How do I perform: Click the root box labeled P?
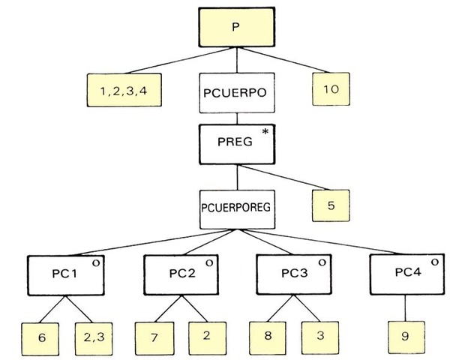coord(235,27)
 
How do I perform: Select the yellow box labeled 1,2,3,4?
coord(123,91)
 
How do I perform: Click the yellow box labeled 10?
coord(331,90)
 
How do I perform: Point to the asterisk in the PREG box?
coord(265,133)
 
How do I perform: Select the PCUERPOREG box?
coord(236,205)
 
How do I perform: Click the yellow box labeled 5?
coord(331,204)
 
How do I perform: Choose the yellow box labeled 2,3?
coord(93,338)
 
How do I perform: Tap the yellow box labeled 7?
coord(154,338)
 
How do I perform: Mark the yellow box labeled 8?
coord(268,338)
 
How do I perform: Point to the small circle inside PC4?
coord(434,263)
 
